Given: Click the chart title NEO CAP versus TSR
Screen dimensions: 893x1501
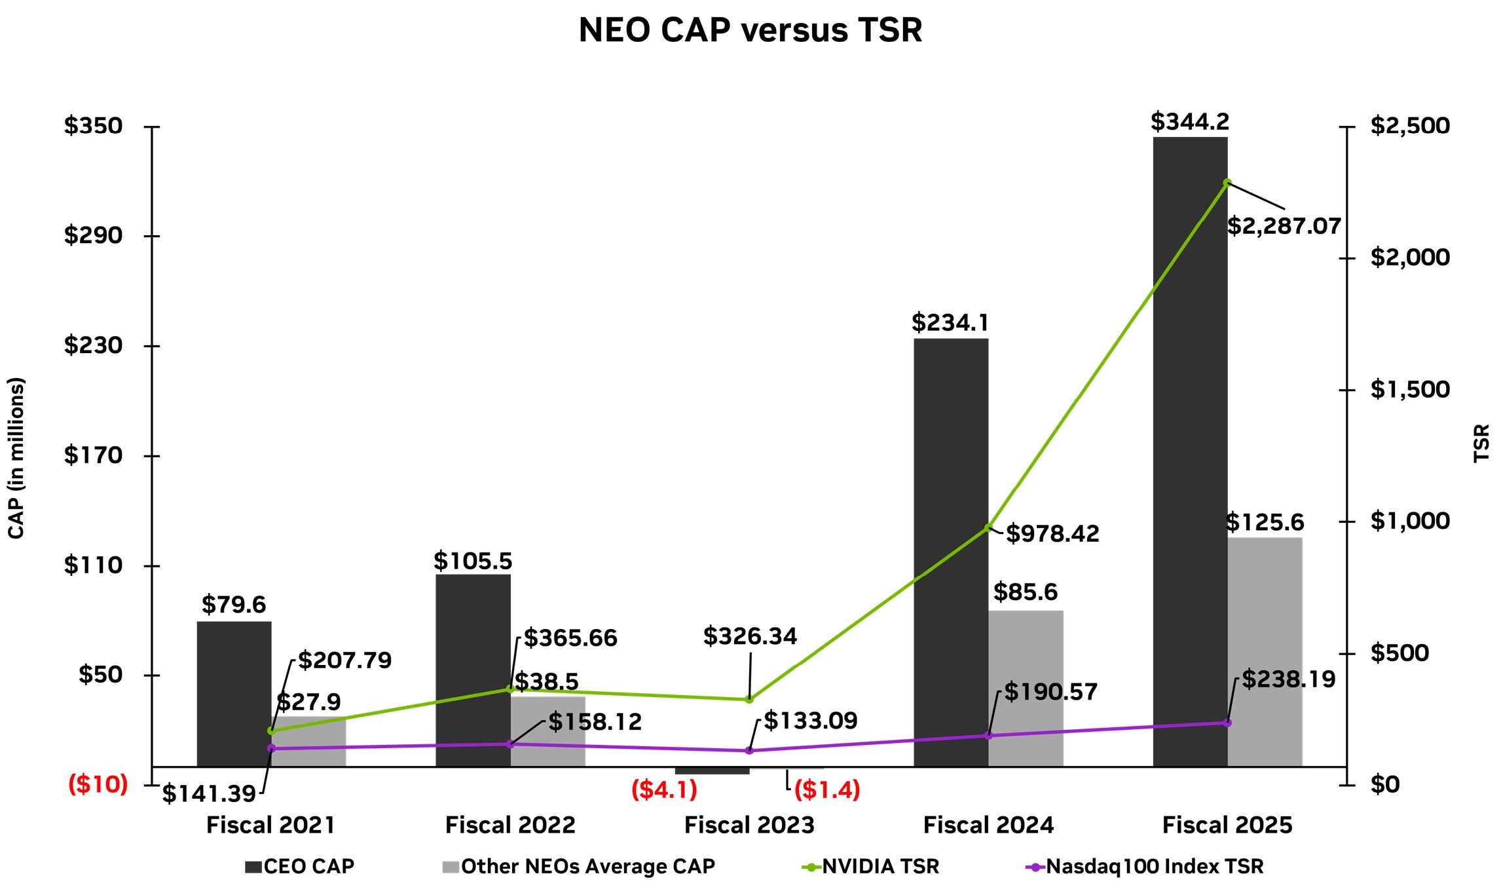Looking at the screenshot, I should coord(750,30).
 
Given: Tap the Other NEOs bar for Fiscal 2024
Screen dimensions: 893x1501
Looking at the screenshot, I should coord(1026,688).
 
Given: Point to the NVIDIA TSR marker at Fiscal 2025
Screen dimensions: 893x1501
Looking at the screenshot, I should coord(1227,183).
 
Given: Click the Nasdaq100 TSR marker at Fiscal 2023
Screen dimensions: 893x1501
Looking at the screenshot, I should coord(749,751).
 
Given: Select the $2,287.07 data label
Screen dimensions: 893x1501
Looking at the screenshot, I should coord(1284,226).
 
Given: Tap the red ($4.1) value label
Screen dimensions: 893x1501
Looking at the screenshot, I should coord(664,789).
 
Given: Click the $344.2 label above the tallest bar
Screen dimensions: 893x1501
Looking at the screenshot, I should coord(1190,122).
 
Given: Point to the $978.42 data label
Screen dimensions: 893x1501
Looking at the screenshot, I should coord(1052,533).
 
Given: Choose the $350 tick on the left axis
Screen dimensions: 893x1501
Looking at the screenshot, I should coord(93,126).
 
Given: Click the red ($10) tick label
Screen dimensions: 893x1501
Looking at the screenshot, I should coord(98,784).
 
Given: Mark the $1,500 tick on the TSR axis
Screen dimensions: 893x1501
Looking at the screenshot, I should coord(1410,390).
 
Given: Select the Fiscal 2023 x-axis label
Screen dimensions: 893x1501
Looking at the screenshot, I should coord(749,825).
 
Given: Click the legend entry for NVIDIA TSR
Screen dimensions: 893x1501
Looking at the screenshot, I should coord(880,867).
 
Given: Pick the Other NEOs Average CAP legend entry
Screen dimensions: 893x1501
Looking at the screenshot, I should coord(587,867).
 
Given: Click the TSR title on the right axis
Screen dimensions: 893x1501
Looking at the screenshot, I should coord(1481,444).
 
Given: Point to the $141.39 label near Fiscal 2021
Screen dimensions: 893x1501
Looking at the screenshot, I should coord(209,794).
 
